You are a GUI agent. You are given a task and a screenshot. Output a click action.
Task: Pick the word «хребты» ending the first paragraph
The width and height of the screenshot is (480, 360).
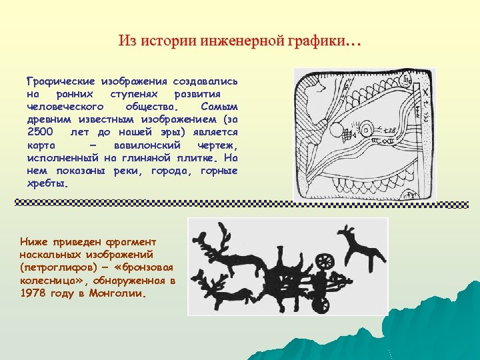click(x=47, y=183)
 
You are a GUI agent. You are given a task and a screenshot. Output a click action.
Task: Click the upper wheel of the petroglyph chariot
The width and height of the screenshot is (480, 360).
click(x=326, y=261)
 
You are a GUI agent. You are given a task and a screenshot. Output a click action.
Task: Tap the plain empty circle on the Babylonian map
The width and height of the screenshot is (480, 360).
click(x=337, y=129)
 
